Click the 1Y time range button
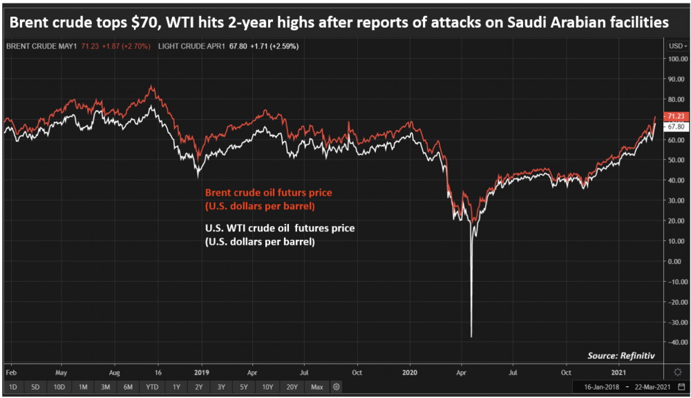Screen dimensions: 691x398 (176, 387)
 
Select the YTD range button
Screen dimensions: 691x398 (152, 387)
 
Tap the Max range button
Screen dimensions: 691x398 (317, 387)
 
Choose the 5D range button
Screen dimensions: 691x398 (35, 387)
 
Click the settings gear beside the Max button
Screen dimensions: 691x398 (337, 387)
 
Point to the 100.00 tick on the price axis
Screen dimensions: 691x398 (678, 59)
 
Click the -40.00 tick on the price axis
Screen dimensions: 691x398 (677, 342)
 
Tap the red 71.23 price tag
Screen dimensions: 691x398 (676, 116)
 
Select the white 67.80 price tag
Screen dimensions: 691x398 (676, 126)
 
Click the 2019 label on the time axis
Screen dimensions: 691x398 (201, 372)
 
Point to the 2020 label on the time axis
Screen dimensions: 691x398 (409, 372)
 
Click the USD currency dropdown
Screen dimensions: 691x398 (678, 46)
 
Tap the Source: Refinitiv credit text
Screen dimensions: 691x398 (621, 355)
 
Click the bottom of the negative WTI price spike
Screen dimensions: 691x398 (471, 337)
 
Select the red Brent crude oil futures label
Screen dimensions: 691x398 (268, 199)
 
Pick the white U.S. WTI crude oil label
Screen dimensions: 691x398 (280, 235)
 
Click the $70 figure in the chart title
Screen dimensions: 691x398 (144, 22)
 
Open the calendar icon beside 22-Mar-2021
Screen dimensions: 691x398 (681, 387)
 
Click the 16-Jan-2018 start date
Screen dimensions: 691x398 (602, 387)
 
